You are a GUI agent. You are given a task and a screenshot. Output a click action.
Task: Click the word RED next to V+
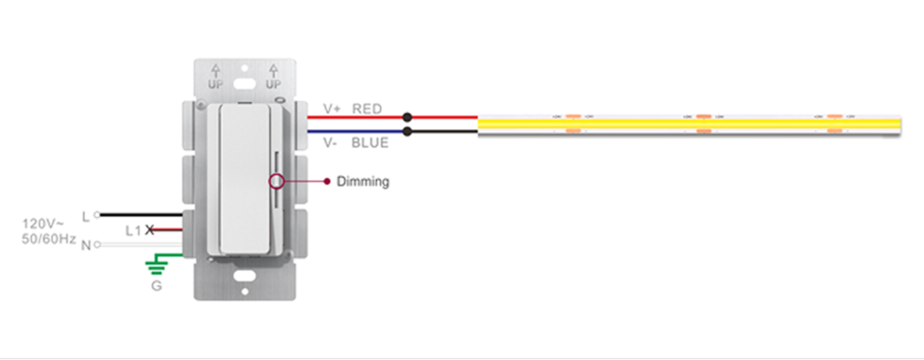point(367,109)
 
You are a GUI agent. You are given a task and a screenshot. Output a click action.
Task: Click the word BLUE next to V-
point(370,143)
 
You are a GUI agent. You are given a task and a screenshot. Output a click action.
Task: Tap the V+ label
point(331,109)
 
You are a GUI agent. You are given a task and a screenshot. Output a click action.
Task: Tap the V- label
point(330,143)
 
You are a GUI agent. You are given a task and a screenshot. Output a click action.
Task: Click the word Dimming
point(363,181)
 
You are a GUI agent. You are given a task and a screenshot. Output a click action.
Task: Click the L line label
point(86,217)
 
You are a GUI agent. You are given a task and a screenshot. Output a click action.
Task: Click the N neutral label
point(86,245)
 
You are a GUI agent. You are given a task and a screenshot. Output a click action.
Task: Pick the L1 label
point(133,231)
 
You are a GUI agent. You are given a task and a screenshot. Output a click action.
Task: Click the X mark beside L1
point(150,231)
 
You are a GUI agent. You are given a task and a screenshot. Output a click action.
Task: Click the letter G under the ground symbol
point(157,287)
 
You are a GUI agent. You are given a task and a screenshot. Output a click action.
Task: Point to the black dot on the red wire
point(407,117)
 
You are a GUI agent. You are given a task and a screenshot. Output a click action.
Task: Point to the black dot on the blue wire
point(407,132)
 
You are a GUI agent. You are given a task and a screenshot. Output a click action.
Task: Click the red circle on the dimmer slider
point(276,181)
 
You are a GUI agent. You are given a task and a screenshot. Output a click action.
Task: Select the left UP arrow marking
point(216,76)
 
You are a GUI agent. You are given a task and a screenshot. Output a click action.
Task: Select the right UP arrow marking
point(273,76)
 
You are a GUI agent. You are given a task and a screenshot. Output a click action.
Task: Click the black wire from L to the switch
point(135,216)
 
